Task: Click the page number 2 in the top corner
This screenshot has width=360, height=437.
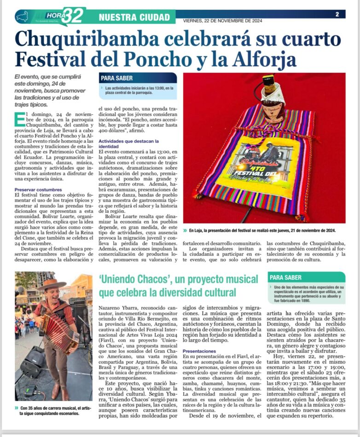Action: point(337,14)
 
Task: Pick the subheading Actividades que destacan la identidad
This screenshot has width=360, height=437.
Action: point(128,144)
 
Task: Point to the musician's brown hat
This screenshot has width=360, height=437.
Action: point(52,284)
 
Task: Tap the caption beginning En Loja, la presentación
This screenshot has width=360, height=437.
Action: point(262,230)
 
